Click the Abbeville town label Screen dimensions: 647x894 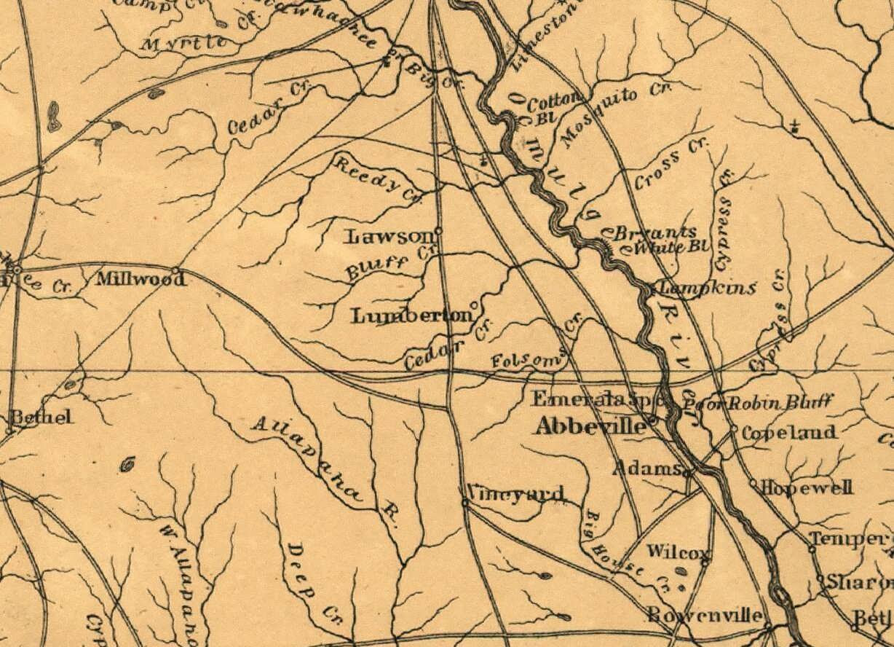coord(590,426)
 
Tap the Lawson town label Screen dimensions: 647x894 coord(389,236)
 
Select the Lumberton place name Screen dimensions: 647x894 coord(411,316)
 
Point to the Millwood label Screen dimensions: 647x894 coord(136,278)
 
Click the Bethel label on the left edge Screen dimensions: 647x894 coord(41,417)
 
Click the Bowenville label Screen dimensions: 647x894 coord(705,614)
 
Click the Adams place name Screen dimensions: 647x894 coord(647,468)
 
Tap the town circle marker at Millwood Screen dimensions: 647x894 coord(175,270)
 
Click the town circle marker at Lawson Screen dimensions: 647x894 coord(438,231)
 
